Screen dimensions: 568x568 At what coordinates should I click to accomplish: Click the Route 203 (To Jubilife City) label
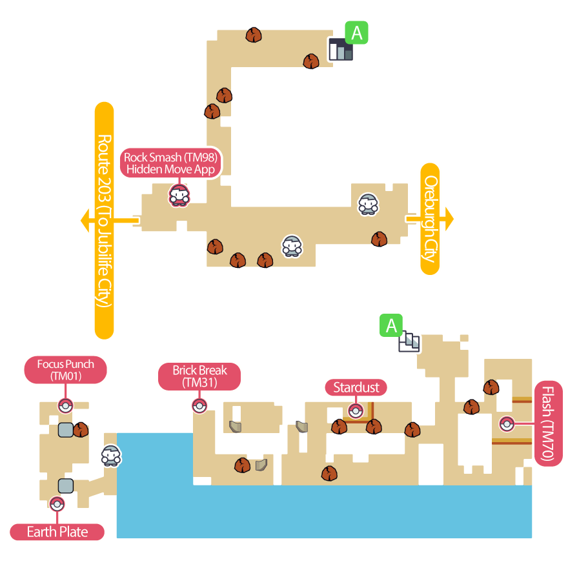[x=104, y=221]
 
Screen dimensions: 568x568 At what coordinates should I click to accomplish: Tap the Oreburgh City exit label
[x=430, y=219]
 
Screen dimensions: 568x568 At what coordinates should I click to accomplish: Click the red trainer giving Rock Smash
[x=179, y=194]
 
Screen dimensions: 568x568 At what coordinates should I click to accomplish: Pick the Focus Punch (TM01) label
[x=65, y=370]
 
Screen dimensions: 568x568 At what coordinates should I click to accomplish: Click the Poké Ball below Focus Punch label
[x=65, y=406]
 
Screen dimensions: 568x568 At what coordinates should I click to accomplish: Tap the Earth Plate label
[x=57, y=532]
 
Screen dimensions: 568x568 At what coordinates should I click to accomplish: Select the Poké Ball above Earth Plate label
[x=57, y=504]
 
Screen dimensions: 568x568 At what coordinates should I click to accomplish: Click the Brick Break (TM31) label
[x=199, y=376]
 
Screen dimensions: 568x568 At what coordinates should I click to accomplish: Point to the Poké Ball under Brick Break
[x=199, y=406]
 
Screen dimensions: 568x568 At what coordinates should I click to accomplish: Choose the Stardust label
[x=356, y=387]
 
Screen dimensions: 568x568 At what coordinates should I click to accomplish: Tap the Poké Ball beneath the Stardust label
[x=355, y=411]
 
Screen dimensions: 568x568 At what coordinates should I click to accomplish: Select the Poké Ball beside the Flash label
[x=507, y=424]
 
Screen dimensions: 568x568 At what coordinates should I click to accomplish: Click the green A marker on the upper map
[x=356, y=32]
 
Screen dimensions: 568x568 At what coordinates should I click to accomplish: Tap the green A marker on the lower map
[x=391, y=326]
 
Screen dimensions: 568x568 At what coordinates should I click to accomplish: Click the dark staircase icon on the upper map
[x=340, y=50]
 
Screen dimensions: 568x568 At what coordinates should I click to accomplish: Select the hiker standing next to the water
[x=111, y=456]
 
